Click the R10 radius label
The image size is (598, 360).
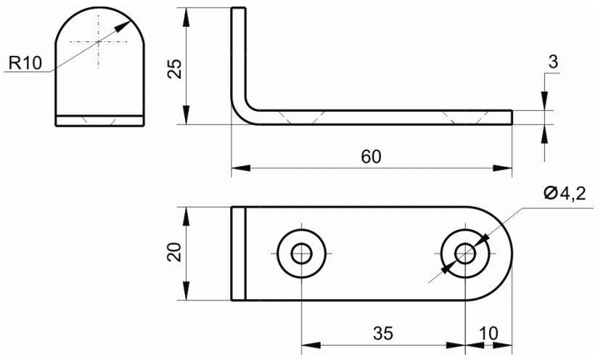pyautogui.click(x=25, y=63)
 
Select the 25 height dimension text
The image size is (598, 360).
pyautogui.click(x=175, y=69)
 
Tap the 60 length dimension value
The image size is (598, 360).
pyautogui.click(x=371, y=157)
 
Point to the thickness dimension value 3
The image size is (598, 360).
pyautogui.click(x=553, y=62)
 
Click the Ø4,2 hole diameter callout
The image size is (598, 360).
pyautogui.click(x=565, y=194)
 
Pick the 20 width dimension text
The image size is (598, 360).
pyautogui.click(x=175, y=252)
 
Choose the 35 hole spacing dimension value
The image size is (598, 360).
pyautogui.click(x=383, y=333)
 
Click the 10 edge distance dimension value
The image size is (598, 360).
pyautogui.click(x=488, y=333)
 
